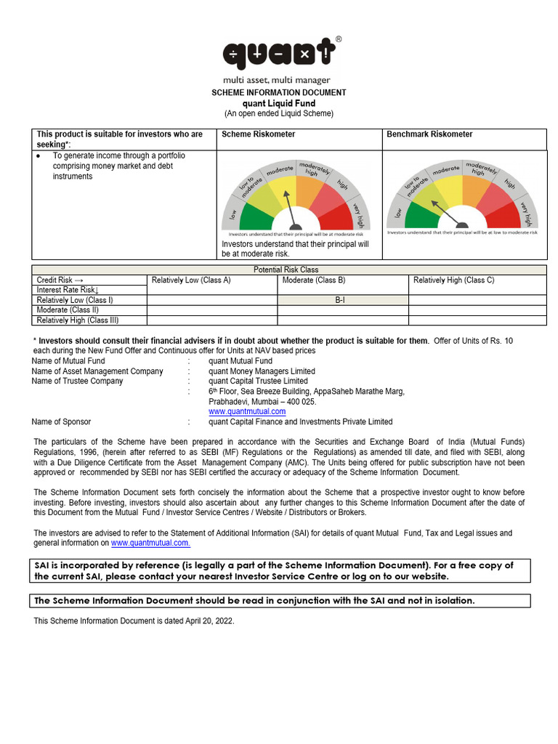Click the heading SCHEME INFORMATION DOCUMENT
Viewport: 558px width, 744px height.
point(278,93)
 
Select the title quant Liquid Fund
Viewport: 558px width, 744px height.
point(278,103)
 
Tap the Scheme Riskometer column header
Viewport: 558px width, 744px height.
point(258,134)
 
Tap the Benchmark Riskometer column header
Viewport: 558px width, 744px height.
point(429,134)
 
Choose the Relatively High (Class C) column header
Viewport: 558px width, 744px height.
point(453,280)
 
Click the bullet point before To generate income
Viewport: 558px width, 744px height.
point(38,156)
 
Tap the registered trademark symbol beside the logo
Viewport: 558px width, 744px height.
point(338,39)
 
